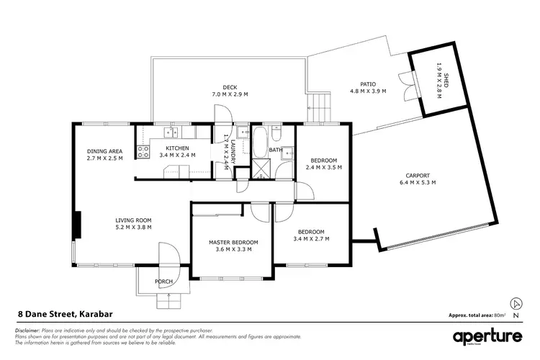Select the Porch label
click(164, 282)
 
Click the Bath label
click(276, 150)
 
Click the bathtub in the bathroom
click(260, 141)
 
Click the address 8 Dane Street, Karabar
click(65, 314)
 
